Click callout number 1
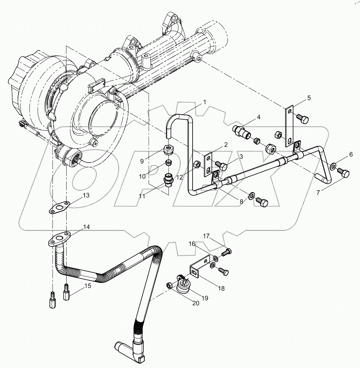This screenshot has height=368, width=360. point(204,102)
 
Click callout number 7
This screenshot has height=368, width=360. point(318,192)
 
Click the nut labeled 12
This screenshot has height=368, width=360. point(197,165)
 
